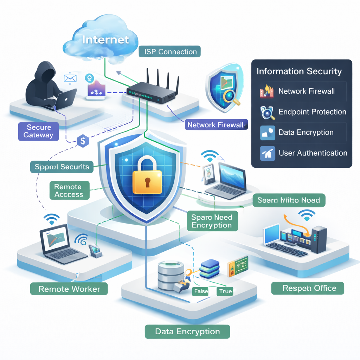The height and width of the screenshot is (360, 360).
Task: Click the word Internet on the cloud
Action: click(105, 39)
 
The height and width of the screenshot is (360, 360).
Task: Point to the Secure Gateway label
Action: click(38, 131)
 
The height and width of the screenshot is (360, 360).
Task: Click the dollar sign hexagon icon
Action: click(83, 141)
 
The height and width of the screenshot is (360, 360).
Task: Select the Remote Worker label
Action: click(69, 289)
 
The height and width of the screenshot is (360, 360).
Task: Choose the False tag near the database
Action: click(201, 291)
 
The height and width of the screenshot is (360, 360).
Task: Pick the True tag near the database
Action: click(225, 291)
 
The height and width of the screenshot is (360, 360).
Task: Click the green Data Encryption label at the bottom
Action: click(187, 332)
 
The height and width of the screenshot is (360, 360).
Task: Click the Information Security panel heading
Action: click(299, 71)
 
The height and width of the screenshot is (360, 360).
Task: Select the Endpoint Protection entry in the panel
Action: click(312, 112)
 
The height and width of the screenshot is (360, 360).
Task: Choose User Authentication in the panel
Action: click(313, 153)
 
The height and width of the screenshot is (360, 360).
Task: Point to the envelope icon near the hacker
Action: click(70, 78)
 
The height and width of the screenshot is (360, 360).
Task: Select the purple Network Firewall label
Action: click(216, 125)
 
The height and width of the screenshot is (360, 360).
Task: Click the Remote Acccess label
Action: click(69, 191)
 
